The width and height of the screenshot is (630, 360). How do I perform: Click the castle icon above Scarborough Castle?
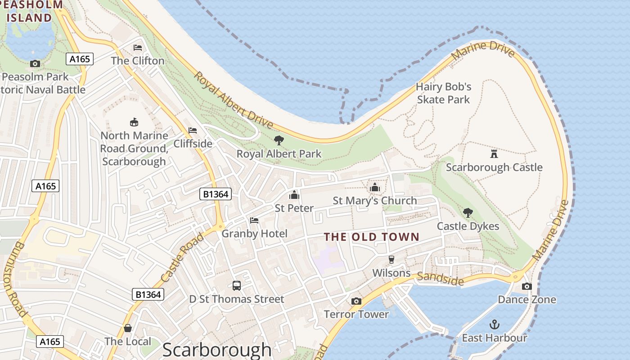pos(494,154)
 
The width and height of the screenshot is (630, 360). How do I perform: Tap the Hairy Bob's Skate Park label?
pos(443,93)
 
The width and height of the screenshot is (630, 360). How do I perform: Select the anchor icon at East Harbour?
pos(495,324)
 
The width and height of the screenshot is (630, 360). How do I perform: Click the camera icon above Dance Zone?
pos(526,286)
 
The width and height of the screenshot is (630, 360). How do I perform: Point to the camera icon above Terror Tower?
pos(356,301)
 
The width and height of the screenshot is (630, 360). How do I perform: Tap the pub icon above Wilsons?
pos(391,260)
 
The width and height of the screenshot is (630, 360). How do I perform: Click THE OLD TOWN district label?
pos(371,237)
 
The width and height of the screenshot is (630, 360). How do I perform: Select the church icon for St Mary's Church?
pos(375,187)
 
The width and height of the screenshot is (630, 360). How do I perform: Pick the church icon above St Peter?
pos(294,195)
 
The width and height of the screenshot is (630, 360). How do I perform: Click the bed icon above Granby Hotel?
pos(254,220)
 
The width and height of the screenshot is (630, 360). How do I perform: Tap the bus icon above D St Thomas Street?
pos(237,286)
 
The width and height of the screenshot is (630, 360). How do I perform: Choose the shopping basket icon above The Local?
pos(128,328)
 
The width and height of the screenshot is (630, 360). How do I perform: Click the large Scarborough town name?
pos(217,350)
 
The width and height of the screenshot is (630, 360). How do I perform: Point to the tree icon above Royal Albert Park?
pos(279,140)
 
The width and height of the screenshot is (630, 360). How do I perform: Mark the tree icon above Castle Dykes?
pos(468,212)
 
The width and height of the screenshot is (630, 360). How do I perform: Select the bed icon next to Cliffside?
pos(193,130)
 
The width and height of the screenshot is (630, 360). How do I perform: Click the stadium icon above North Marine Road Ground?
pos(134,122)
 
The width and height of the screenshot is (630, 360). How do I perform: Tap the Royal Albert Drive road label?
pos(233,100)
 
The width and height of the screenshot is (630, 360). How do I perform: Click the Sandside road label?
pos(440,279)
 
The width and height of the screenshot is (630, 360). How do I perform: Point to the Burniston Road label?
pos(18,279)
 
